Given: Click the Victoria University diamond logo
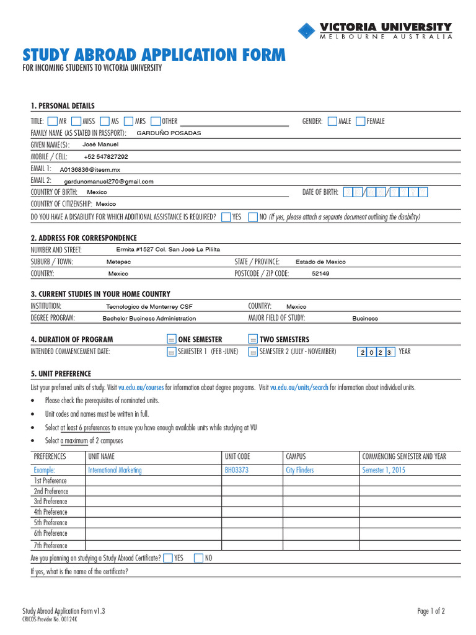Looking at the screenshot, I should point(307,31).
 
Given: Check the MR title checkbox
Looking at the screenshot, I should point(52,121).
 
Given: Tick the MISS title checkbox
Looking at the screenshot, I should point(76,121).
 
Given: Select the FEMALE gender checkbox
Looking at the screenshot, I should point(360,121).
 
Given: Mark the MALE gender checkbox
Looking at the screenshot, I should point(332,121).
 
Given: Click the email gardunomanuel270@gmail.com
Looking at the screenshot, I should point(108,181).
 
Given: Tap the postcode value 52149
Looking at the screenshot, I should point(320,273).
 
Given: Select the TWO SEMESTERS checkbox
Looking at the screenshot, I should point(253,339).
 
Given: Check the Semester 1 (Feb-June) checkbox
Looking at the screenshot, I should point(172,352).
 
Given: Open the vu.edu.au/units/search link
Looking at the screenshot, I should point(299,388).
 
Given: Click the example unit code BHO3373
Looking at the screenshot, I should point(236,470).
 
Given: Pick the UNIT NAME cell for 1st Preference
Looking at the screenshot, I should point(153,481).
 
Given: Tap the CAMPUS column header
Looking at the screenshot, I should point(296,456).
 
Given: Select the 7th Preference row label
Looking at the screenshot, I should point(50,546).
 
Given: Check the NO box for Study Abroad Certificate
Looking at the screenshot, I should point(198,558).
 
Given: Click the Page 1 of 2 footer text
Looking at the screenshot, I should point(431,611).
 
